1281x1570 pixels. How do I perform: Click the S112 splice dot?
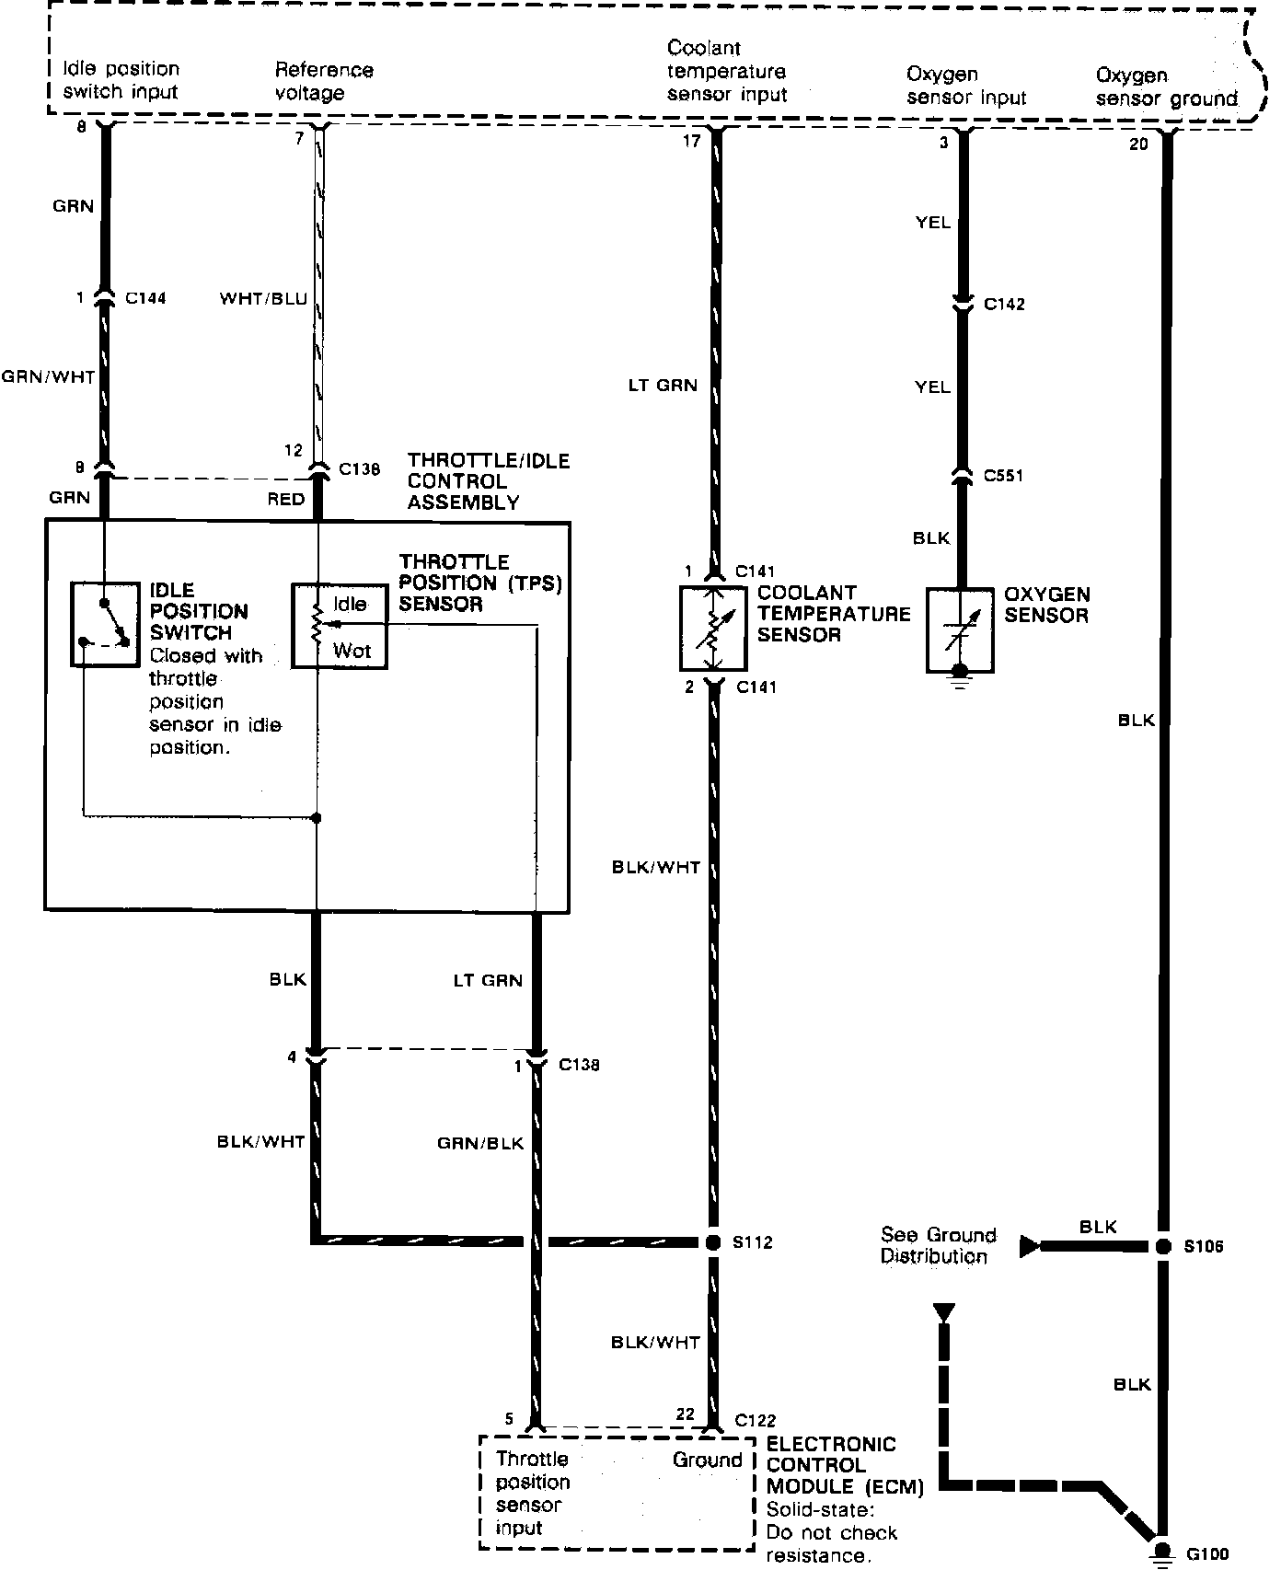(x=712, y=1242)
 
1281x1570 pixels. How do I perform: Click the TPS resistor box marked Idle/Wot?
(x=339, y=626)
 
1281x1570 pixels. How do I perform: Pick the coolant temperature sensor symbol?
(x=712, y=627)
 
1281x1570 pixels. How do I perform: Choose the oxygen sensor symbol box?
(x=959, y=631)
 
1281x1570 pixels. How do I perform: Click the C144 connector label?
(x=145, y=298)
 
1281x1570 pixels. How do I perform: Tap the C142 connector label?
(x=1004, y=305)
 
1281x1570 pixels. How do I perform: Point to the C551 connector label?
(x=1003, y=476)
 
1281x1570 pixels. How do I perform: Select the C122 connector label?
(x=756, y=1419)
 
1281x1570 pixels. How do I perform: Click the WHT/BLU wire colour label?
(x=263, y=299)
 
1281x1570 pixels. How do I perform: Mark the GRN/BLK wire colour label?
(x=480, y=1143)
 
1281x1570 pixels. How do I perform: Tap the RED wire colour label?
(x=285, y=499)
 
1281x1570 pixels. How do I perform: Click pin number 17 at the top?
(x=691, y=141)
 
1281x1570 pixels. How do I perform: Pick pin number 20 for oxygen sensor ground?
(x=1138, y=144)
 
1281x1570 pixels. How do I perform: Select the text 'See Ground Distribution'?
(x=938, y=1245)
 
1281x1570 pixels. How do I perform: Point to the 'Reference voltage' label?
(x=324, y=81)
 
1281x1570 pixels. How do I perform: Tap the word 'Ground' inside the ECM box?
(x=707, y=1460)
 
